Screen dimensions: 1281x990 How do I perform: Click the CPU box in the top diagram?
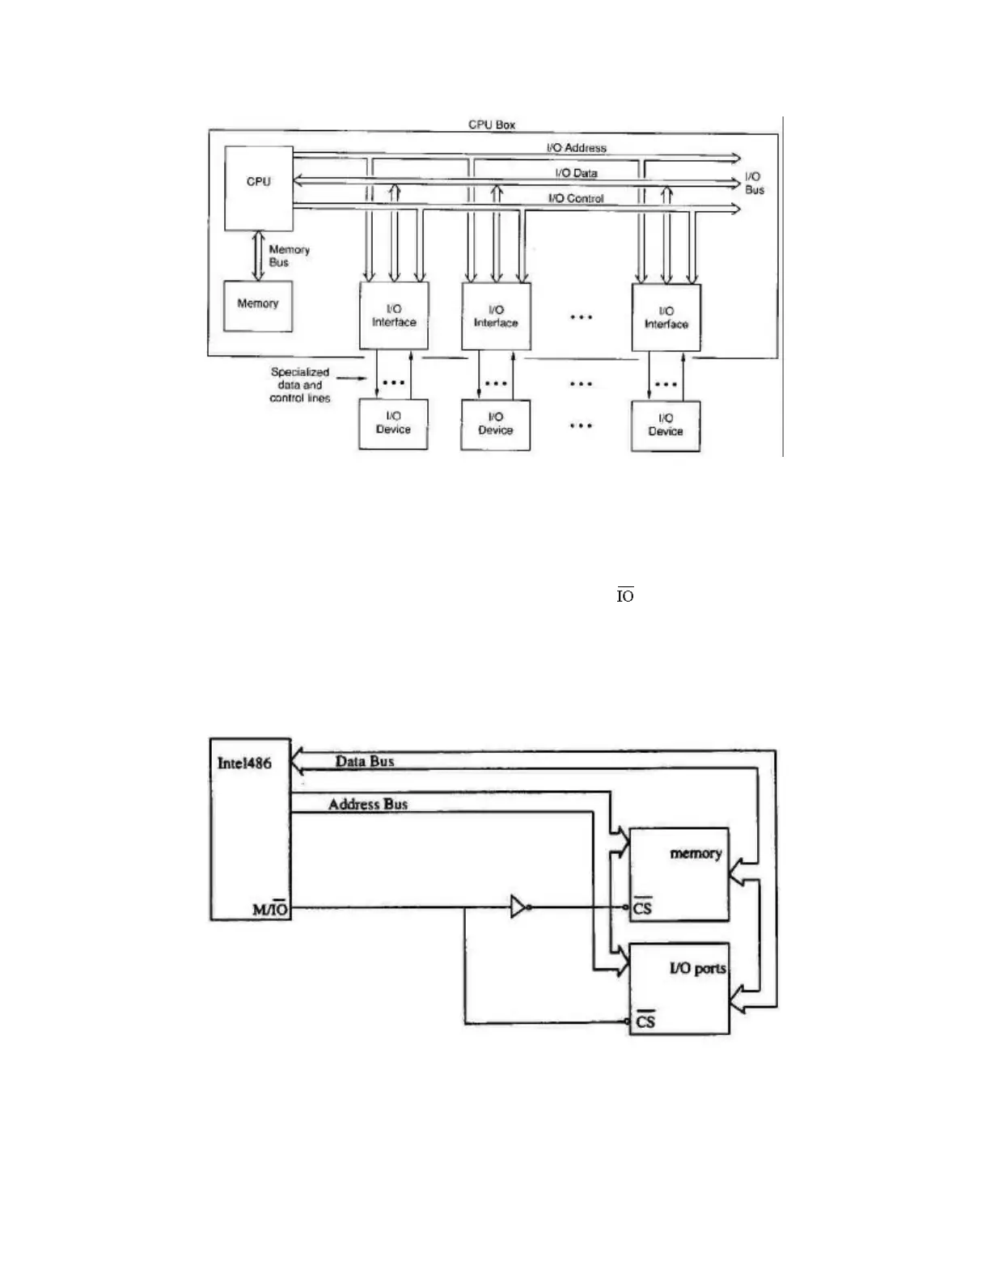click(x=258, y=188)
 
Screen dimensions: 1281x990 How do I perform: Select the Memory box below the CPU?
click(x=258, y=305)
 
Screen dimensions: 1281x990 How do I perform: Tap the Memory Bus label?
click(x=289, y=256)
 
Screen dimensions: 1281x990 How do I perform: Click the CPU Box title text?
click(x=492, y=125)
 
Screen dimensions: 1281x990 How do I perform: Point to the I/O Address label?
click(x=576, y=148)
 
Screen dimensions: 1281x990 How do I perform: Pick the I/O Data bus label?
click(x=576, y=173)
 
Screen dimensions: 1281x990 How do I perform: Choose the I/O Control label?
click(x=576, y=198)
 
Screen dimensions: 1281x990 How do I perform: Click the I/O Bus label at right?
click(x=754, y=183)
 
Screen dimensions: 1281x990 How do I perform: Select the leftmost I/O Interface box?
click(x=394, y=315)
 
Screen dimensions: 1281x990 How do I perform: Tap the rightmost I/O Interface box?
click(x=666, y=317)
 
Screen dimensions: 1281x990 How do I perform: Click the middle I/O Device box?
click(x=496, y=424)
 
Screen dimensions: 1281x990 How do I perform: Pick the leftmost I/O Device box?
click(x=393, y=423)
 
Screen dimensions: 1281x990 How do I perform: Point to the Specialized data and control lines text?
click(x=300, y=385)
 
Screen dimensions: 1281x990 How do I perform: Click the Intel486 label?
click(x=244, y=763)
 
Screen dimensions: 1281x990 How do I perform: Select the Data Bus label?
click(x=365, y=761)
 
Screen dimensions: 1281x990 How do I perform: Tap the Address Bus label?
click(x=368, y=804)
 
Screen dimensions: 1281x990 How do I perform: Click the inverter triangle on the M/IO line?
click(x=518, y=907)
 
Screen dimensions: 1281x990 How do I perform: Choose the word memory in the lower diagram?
click(x=696, y=853)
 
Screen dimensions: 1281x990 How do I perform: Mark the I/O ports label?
click(x=697, y=968)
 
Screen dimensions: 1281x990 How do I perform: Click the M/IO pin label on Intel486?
click(x=270, y=909)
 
